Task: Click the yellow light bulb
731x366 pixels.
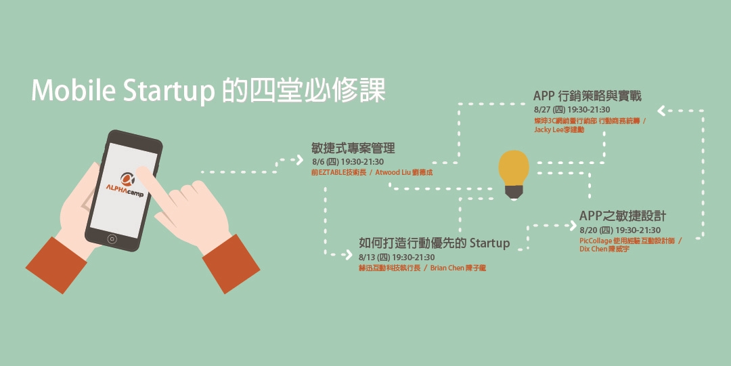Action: tap(514, 169)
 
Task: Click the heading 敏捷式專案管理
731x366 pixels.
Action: tap(353, 148)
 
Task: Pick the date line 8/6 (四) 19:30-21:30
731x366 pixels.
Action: tap(348, 162)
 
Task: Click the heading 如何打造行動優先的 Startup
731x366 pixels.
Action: tap(434, 243)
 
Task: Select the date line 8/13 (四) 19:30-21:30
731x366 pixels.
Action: tap(397, 258)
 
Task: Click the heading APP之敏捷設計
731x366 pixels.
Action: tap(623, 216)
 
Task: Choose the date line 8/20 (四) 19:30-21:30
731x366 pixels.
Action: tap(620, 230)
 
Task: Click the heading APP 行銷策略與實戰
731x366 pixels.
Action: tap(587, 96)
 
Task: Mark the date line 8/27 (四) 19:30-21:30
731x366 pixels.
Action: tap(572, 110)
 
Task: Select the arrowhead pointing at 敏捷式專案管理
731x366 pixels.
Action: tap(298, 160)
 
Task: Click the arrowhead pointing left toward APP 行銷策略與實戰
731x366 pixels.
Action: tap(662, 110)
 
